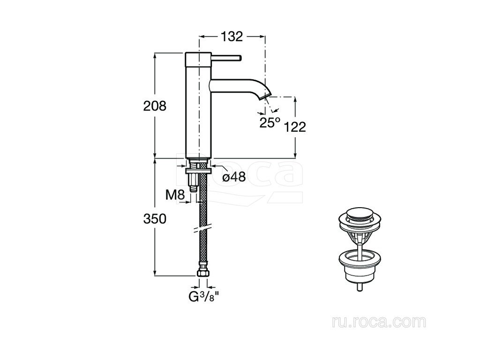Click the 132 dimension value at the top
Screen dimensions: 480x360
click(x=232, y=37)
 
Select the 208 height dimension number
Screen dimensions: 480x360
click(x=155, y=106)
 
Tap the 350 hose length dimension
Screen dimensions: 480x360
click(x=155, y=219)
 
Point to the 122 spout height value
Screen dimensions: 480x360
click(x=295, y=127)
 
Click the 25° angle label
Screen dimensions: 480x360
click(x=270, y=122)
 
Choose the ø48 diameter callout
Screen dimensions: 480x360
click(x=234, y=177)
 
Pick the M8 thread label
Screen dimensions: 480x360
click(x=175, y=195)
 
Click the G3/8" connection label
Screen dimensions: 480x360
click(x=204, y=296)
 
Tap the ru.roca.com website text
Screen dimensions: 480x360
click(x=379, y=322)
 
